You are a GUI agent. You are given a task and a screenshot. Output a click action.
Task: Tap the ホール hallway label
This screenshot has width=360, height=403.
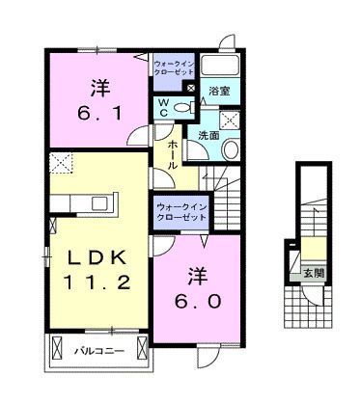(171, 153)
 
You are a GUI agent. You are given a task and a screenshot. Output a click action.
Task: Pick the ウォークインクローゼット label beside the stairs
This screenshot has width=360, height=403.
(181, 211)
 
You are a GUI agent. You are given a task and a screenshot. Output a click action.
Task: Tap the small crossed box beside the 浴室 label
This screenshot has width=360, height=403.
(190, 91)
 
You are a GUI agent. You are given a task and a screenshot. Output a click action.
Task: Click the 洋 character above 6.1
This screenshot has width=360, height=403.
(98, 88)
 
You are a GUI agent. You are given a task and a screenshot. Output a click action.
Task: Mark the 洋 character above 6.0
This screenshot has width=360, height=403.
(200, 273)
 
